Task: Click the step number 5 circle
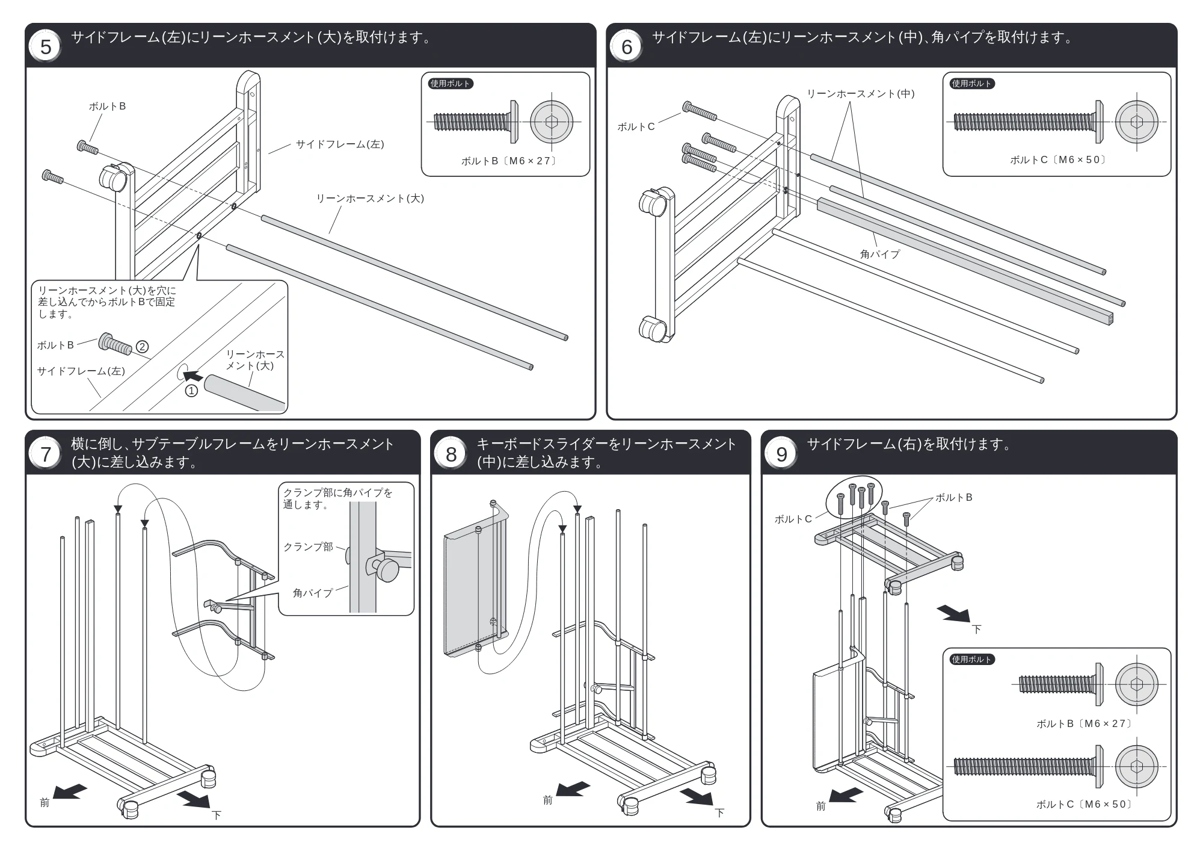click(x=46, y=46)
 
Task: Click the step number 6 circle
click(x=627, y=46)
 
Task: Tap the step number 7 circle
click(x=46, y=454)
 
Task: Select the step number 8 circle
click(x=451, y=454)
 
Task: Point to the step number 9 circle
click(x=781, y=454)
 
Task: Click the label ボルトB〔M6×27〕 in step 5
click(x=509, y=161)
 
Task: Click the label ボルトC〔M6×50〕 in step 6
click(x=1058, y=159)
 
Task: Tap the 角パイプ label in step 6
click(x=880, y=254)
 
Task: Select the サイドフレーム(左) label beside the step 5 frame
click(x=340, y=144)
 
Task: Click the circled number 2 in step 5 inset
click(x=142, y=347)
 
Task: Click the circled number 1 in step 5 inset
click(x=191, y=391)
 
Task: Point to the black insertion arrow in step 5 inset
click(x=193, y=376)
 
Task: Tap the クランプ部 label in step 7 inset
click(x=308, y=546)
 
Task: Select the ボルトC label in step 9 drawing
click(x=793, y=519)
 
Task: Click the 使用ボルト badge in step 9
click(x=971, y=659)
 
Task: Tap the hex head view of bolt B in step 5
click(x=552, y=122)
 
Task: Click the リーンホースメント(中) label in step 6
click(x=860, y=93)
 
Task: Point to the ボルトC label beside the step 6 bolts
click(x=636, y=126)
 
